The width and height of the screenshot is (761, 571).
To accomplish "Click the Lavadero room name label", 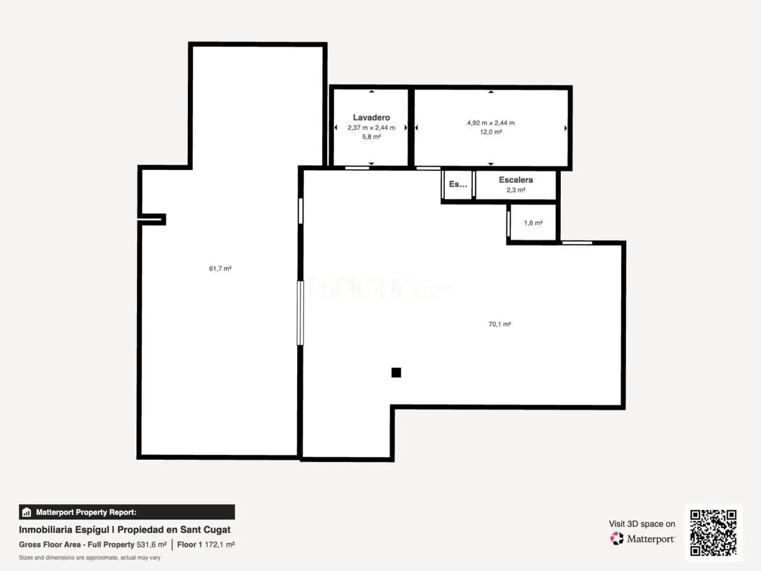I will pyautogui.click(x=371, y=118).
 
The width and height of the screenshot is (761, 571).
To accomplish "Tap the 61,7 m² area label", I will pyautogui.click(x=220, y=269).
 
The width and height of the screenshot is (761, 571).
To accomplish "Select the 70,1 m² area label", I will pyautogui.click(x=499, y=324).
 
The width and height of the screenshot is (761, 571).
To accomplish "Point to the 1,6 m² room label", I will pyautogui.click(x=533, y=223).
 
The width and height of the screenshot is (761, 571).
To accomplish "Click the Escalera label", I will pyautogui.click(x=516, y=180).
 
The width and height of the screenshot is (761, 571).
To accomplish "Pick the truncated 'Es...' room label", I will pyautogui.click(x=458, y=184).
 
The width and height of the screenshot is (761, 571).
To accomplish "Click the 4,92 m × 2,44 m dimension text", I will pyautogui.click(x=491, y=123).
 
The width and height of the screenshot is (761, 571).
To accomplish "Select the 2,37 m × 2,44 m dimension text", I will pyautogui.click(x=371, y=128).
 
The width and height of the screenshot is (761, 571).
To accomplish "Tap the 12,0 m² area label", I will pyautogui.click(x=491, y=132).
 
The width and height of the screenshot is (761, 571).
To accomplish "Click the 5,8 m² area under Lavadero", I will pyautogui.click(x=371, y=137).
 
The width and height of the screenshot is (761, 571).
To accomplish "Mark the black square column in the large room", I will pyautogui.click(x=396, y=372).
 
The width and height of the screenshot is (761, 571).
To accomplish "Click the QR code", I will pyautogui.click(x=712, y=532).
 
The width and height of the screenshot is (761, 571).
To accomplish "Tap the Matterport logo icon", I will pyautogui.click(x=617, y=539).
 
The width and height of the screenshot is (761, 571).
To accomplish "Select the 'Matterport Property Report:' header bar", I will pyautogui.click(x=126, y=512).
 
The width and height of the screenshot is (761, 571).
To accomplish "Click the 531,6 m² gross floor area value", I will pyautogui.click(x=152, y=545).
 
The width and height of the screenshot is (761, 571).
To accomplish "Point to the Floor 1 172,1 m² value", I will pyautogui.click(x=206, y=545).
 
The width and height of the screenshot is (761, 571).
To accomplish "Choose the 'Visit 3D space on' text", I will pyautogui.click(x=642, y=524).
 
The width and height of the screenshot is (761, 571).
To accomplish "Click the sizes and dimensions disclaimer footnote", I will pyautogui.click(x=90, y=558).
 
